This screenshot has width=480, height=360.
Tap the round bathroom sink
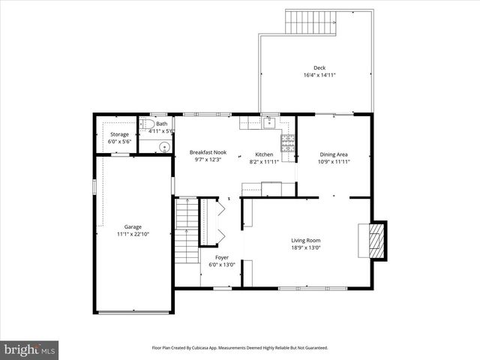pos(144,146)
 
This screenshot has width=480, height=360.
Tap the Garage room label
pos(134,226)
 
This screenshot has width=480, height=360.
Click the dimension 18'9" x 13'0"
pos(306,248)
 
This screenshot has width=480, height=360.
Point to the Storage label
pos(120,134)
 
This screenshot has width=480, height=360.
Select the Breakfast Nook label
pos(208,152)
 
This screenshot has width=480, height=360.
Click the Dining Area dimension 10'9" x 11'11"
pos(334,161)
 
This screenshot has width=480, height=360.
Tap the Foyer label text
pos(222,256)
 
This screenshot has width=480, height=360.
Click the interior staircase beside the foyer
pos(185,232)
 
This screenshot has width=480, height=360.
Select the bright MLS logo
pos(30,349)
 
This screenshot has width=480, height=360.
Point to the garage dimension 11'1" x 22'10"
pos(134,235)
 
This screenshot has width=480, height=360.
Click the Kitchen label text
pos(263,154)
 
